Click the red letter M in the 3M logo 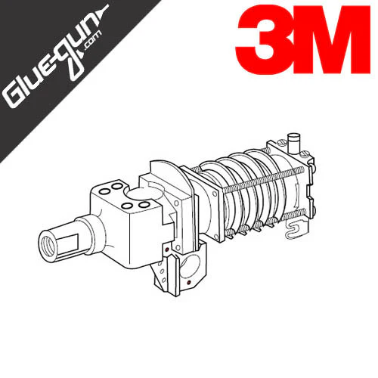tap(331, 40)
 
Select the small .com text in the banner tap(93, 41)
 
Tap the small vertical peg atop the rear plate tap(294, 141)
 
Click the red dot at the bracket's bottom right tap(189, 283)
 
